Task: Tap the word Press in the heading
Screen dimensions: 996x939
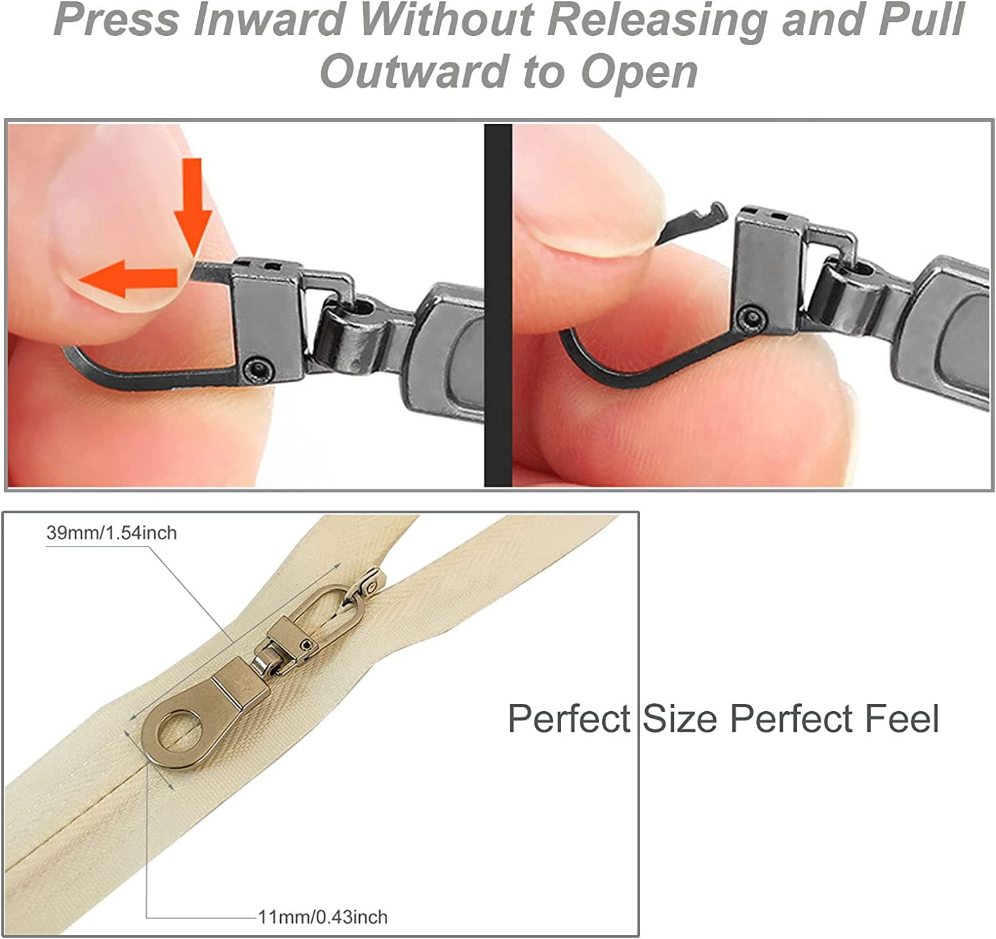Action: coord(116,20)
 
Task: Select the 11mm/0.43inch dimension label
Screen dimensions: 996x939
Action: coord(323,918)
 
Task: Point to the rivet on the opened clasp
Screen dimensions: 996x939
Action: coord(750,317)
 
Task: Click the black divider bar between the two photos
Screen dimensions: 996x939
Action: coord(497,305)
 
